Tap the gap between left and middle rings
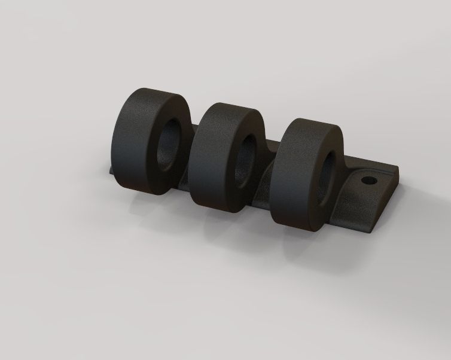point(193,179)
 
